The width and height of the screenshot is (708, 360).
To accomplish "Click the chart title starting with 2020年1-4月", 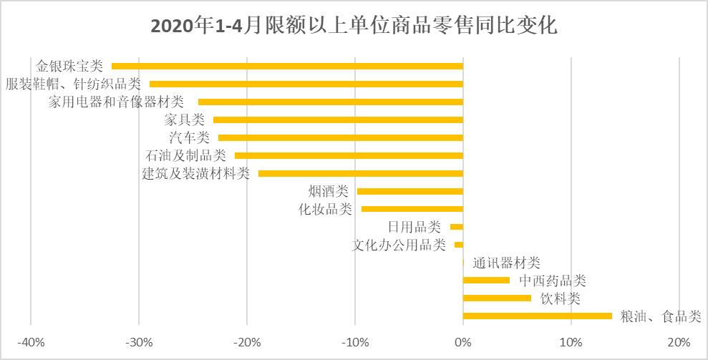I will click(x=354, y=26).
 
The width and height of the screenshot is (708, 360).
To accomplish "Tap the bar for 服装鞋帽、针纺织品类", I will click(x=306, y=84).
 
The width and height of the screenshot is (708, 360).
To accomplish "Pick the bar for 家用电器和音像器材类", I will click(x=331, y=102).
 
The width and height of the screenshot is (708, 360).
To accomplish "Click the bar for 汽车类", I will click(x=341, y=137).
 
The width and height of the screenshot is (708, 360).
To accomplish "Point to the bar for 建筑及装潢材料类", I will click(x=361, y=173).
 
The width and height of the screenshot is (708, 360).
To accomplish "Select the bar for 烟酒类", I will click(x=410, y=191).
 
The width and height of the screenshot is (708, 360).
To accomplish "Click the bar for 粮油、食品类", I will click(x=538, y=316).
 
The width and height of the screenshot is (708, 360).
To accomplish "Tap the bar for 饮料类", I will click(x=498, y=298).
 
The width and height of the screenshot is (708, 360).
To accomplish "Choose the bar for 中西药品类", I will click(x=487, y=280).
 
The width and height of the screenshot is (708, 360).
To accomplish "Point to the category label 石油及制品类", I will click(x=185, y=155).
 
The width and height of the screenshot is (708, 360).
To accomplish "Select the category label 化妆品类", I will click(x=325, y=209).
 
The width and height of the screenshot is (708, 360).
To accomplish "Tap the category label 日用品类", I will click(x=414, y=227).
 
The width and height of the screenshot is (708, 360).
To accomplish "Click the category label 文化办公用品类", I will click(x=399, y=245).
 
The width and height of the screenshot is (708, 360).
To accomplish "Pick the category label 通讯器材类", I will click(x=506, y=263).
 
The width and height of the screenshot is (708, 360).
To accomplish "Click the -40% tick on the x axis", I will click(x=31, y=341).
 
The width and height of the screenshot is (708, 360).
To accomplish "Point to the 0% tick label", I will click(x=463, y=341).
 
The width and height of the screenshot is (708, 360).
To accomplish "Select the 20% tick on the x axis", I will click(x=679, y=341).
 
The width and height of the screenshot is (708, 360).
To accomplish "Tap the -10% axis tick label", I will click(x=355, y=341).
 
